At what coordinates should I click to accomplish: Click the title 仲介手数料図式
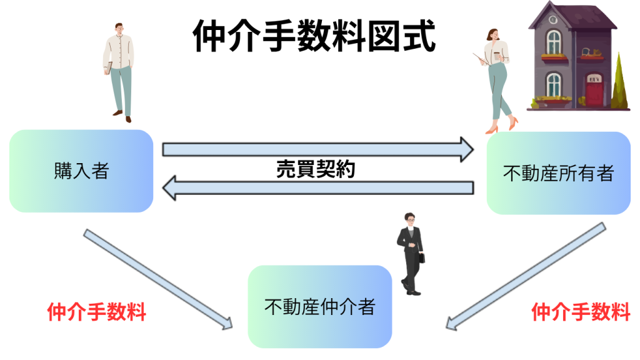click(x=314, y=36)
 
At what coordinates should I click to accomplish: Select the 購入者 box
click(x=81, y=171)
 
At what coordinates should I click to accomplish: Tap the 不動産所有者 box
click(x=558, y=173)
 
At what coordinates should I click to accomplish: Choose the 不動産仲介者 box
click(x=319, y=306)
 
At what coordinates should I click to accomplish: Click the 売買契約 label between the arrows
click(x=316, y=169)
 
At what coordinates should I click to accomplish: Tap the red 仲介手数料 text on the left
click(x=97, y=311)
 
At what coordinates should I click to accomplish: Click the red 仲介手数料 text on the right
click(x=581, y=311)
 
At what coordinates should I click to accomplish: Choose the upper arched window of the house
click(x=554, y=42)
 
